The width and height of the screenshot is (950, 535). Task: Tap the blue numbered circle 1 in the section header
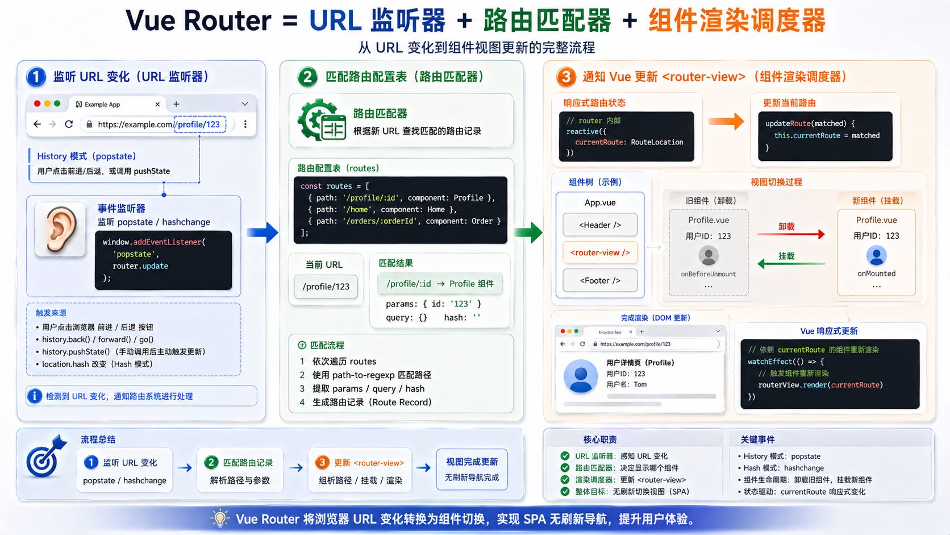click(x=36, y=77)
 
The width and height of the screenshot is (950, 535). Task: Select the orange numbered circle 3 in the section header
click(x=566, y=77)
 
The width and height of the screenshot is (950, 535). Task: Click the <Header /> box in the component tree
click(x=600, y=225)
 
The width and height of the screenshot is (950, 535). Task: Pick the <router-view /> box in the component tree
click(x=600, y=252)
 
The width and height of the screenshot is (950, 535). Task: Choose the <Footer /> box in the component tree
click(x=600, y=280)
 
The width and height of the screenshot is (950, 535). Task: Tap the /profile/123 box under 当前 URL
click(x=326, y=287)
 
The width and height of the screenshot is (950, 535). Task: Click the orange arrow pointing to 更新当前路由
click(x=726, y=121)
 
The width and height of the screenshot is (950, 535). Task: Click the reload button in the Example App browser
click(x=69, y=124)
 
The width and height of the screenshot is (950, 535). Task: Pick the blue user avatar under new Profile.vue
click(x=876, y=256)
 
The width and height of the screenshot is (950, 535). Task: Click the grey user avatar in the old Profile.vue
click(x=708, y=256)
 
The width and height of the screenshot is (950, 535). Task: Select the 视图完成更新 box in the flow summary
click(x=472, y=469)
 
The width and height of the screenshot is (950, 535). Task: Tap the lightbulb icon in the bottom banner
click(x=219, y=519)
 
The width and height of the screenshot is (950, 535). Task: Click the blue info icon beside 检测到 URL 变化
click(x=35, y=396)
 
